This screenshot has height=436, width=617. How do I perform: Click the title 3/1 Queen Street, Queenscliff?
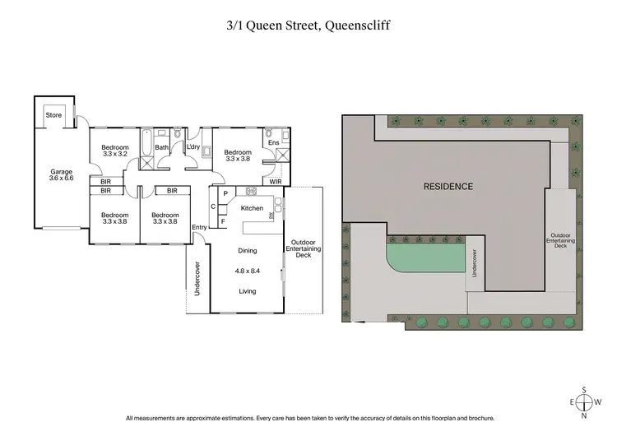308,26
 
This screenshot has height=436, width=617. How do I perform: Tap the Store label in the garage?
53,115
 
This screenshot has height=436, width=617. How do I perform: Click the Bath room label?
162,148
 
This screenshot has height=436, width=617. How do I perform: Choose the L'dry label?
193,147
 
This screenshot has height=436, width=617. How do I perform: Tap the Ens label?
274,143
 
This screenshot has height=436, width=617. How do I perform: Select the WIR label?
276,181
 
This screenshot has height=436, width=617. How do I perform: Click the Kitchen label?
252,209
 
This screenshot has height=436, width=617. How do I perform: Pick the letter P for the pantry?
225,192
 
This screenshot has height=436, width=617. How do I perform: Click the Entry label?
199,228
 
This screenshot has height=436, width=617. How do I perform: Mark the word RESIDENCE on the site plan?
448,186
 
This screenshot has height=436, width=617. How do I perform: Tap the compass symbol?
584,403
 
